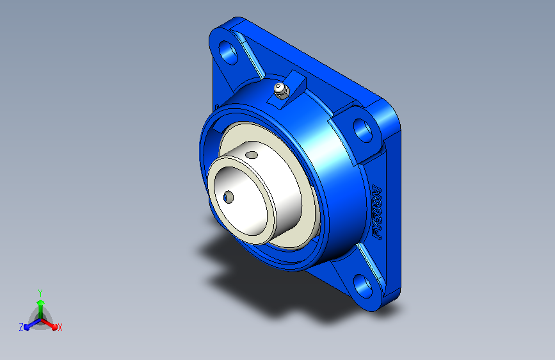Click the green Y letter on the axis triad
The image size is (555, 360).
point(40,291)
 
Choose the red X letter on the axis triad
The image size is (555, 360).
point(60,327)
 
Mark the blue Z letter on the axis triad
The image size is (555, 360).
point(21,327)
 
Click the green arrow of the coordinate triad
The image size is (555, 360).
point(40,304)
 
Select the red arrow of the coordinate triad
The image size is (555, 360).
point(51,323)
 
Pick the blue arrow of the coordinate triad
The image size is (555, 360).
point(29,324)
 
